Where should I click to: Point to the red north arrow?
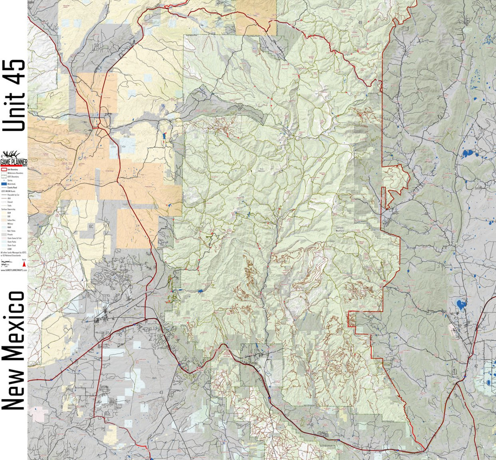pos(24,265)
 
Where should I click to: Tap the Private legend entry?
pos(10,234)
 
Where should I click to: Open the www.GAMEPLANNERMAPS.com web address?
pos(14,270)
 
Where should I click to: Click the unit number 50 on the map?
pos(97,45)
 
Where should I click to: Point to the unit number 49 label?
pos(360,22)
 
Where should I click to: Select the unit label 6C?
pos(91,226)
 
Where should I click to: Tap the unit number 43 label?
pos(161,392)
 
